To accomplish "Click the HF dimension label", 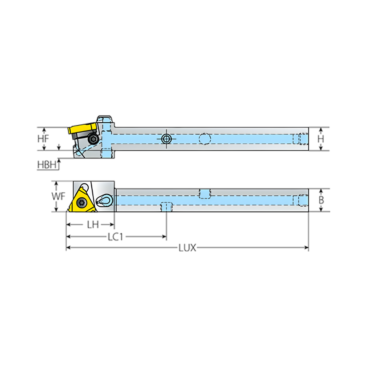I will pos(43,139).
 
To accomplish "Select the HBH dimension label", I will pos(47,165).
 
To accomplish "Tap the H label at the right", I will pos(321,139).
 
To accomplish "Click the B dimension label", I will pos(321,200).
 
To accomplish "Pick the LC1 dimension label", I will pos(116,237).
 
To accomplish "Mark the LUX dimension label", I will pos(187,248).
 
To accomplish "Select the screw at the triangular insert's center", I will pos(82,203).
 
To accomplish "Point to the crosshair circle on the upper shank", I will pos(166,139).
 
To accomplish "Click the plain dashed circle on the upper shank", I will pos(205,139).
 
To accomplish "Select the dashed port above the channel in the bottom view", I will pos(205,193).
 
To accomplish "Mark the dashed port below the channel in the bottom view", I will pos(166,207).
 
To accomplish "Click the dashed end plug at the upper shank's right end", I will pos(303,139).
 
